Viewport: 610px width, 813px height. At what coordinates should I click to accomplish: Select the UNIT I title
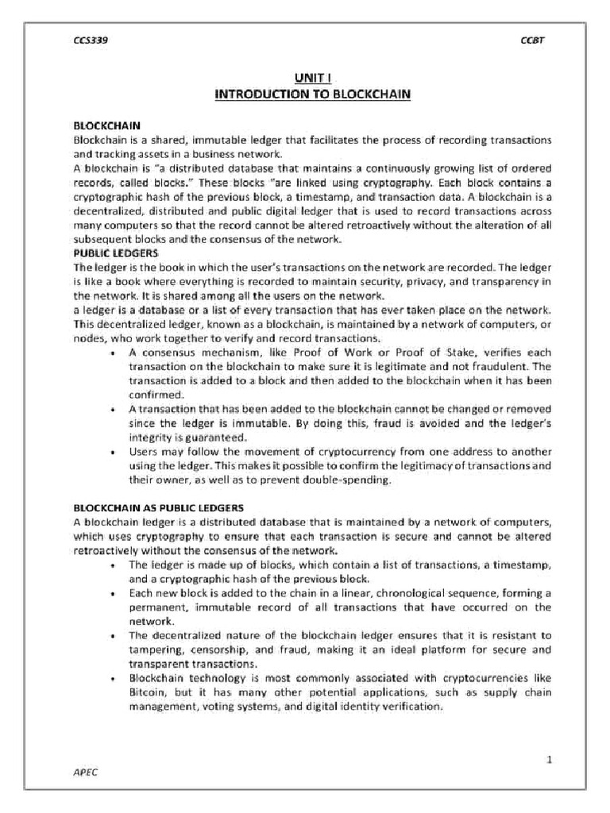pyautogui.click(x=312, y=79)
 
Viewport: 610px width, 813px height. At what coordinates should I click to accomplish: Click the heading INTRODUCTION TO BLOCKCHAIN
pyautogui.click(x=312, y=94)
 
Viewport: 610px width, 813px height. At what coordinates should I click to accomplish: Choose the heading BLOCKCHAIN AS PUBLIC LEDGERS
pyautogui.click(x=159, y=507)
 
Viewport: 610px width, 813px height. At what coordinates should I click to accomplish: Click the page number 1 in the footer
pyautogui.click(x=548, y=759)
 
